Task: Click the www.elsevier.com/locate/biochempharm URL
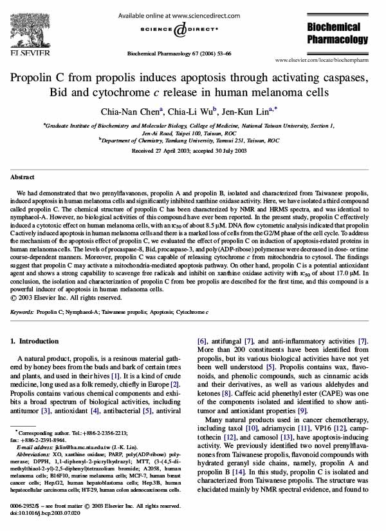(324, 59)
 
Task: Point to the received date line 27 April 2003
(193, 151)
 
